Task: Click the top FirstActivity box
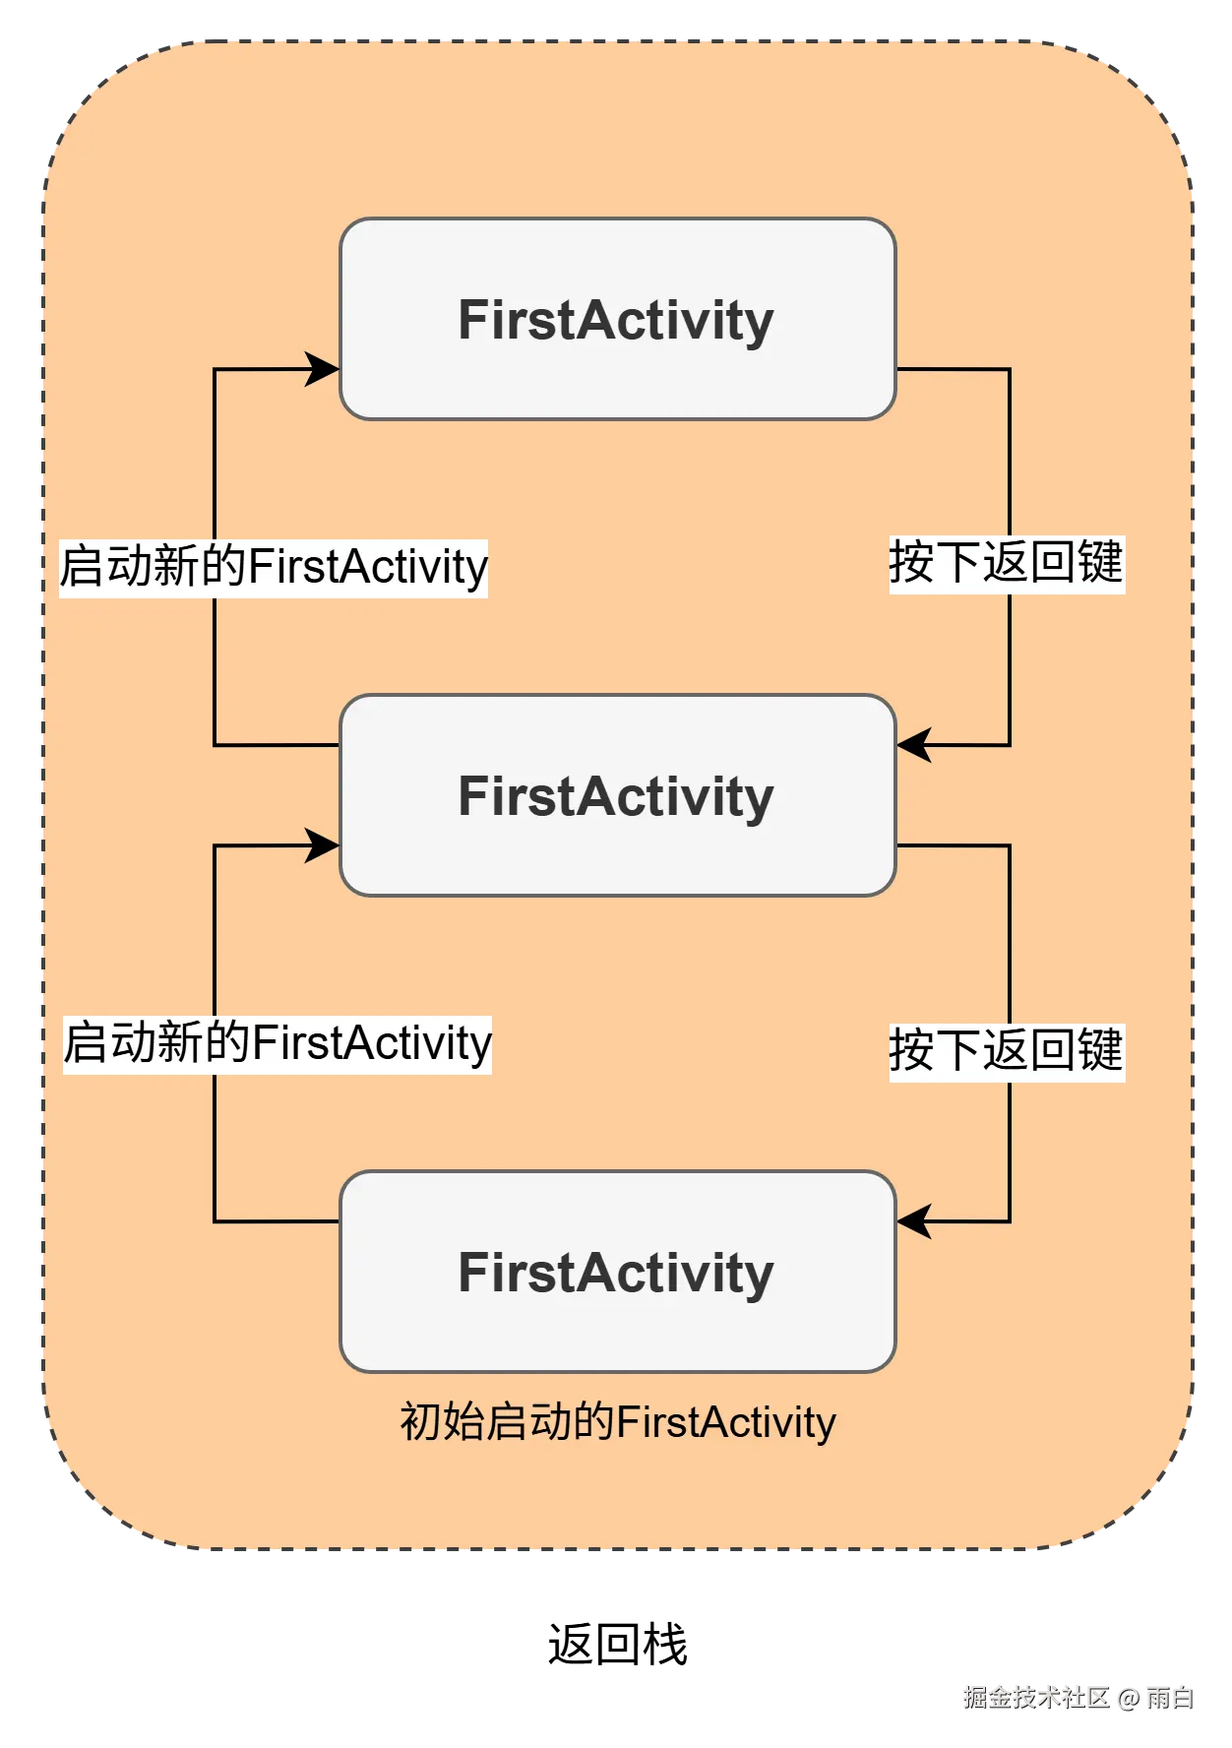(x=617, y=320)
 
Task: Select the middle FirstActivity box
(x=617, y=795)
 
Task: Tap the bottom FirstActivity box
(x=617, y=1272)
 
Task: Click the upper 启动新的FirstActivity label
(x=274, y=567)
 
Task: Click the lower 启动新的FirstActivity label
(x=277, y=1043)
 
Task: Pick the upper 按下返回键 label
(x=1006, y=563)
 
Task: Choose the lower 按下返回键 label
(x=1006, y=1050)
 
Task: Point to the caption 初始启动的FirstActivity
(x=617, y=1422)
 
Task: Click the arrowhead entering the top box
(x=323, y=369)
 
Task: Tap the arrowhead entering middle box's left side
(x=323, y=845)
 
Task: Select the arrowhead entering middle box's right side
(x=913, y=745)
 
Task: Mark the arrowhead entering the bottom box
(x=913, y=1221)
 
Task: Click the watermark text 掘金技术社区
(x=1035, y=1696)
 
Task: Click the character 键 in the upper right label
(x=1099, y=563)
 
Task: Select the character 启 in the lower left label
(x=86, y=1043)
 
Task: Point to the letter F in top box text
(x=473, y=320)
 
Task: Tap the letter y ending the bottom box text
(x=759, y=1276)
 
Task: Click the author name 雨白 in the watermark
(x=1170, y=1696)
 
